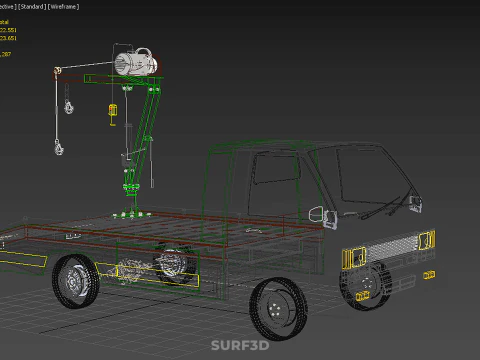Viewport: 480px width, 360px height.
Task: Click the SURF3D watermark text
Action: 239,345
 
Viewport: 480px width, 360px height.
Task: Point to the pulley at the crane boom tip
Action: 59,72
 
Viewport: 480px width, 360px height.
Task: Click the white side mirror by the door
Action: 318,214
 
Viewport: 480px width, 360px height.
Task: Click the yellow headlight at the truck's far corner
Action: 427,240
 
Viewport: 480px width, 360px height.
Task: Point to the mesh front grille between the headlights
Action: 392,247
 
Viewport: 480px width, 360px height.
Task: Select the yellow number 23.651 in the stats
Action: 9,38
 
